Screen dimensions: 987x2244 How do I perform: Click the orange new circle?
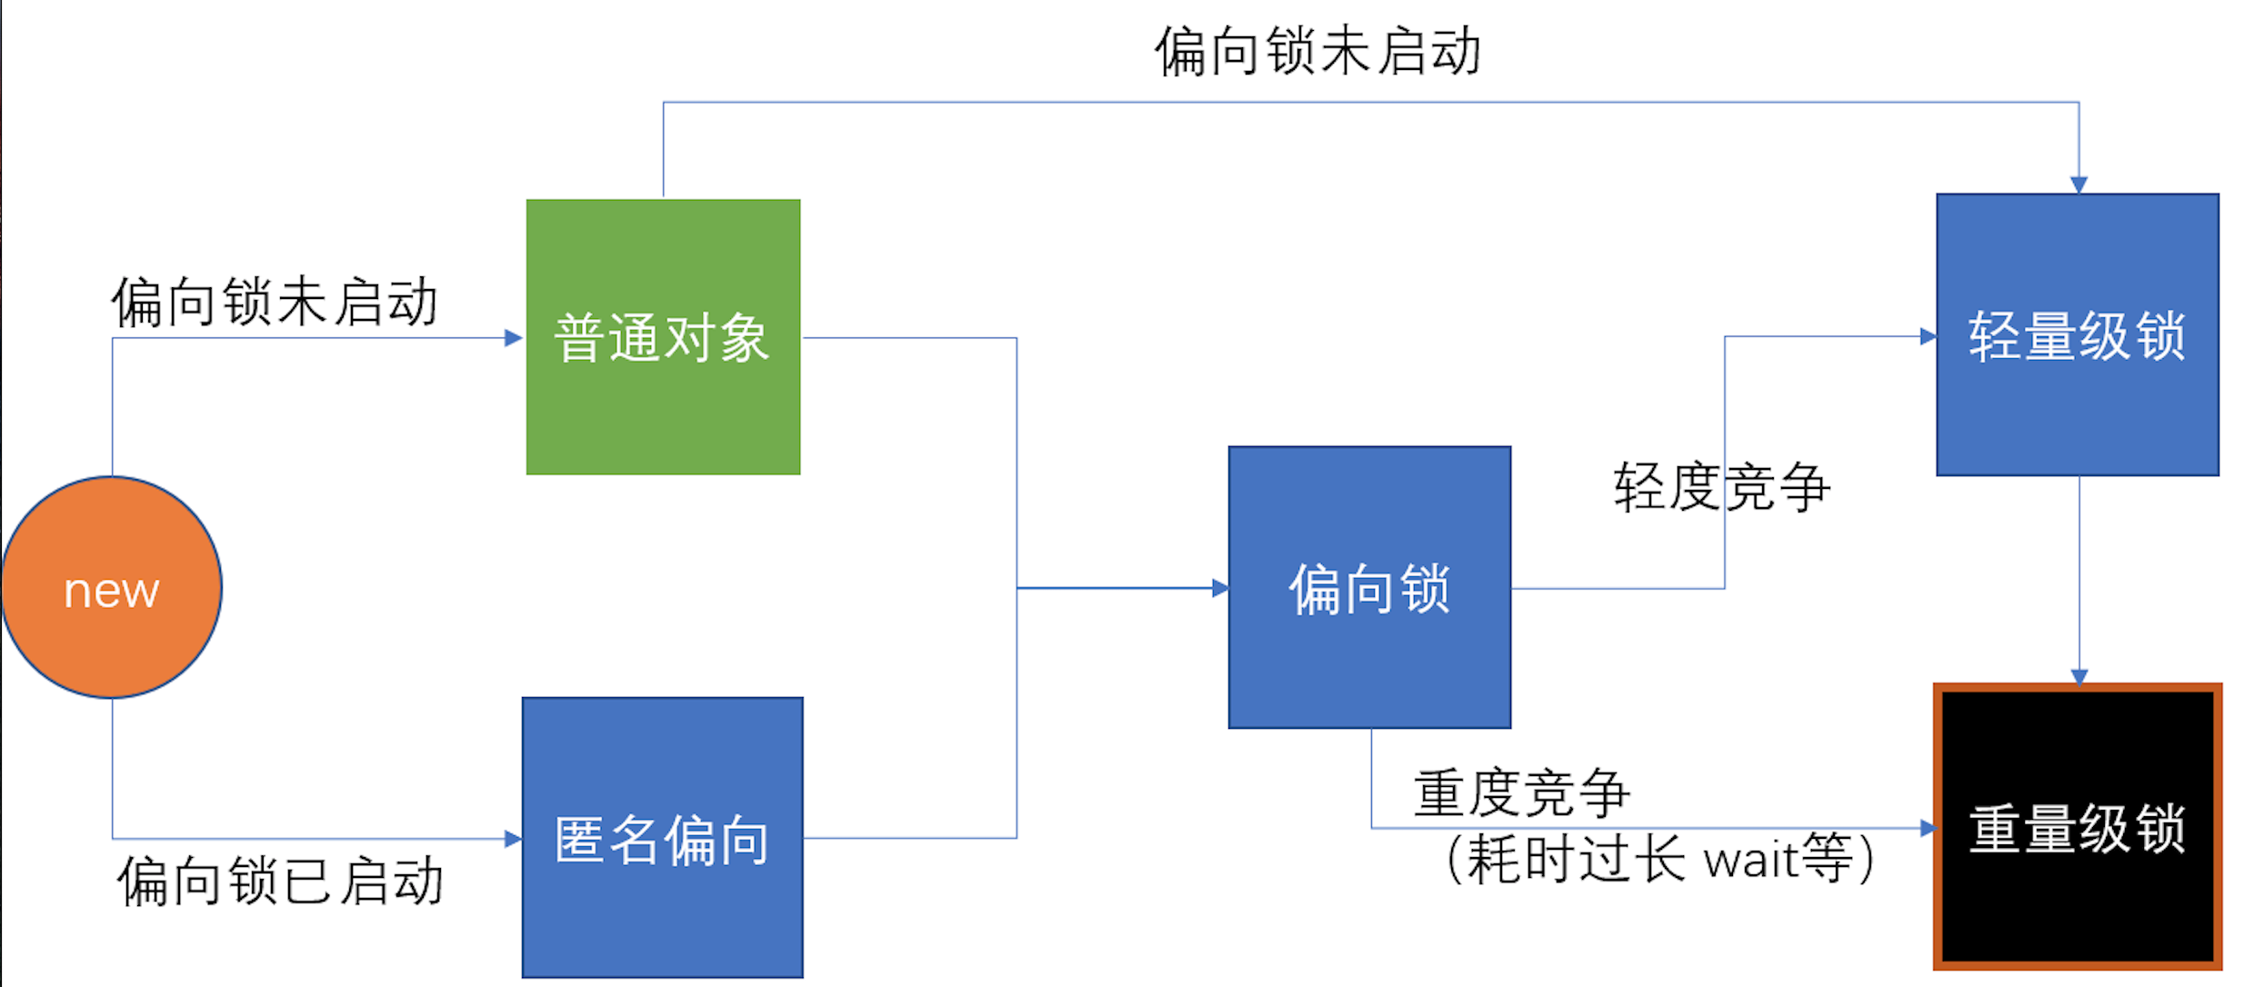point(111,588)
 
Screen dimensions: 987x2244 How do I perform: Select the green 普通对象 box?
point(663,337)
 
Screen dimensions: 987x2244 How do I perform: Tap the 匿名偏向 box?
point(662,838)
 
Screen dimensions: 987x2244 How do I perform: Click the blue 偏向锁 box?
point(1369,587)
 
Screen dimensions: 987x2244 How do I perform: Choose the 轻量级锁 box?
point(2077,334)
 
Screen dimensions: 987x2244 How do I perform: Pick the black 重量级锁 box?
point(2078,827)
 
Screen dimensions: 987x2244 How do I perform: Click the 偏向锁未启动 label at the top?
point(1317,51)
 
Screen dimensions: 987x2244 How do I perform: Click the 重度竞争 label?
point(1521,792)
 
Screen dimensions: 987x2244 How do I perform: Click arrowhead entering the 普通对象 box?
point(514,338)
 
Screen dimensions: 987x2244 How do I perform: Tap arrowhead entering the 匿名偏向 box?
point(513,838)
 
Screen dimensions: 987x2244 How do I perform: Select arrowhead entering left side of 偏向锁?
point(1219,588)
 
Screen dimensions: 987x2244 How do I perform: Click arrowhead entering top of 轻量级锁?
point(2079,184)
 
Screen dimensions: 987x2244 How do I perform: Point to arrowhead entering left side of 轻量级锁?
point(1927,336)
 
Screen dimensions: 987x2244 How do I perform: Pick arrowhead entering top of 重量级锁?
point(2079,676)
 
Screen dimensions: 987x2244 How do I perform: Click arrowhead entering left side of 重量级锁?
point(1927,828)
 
